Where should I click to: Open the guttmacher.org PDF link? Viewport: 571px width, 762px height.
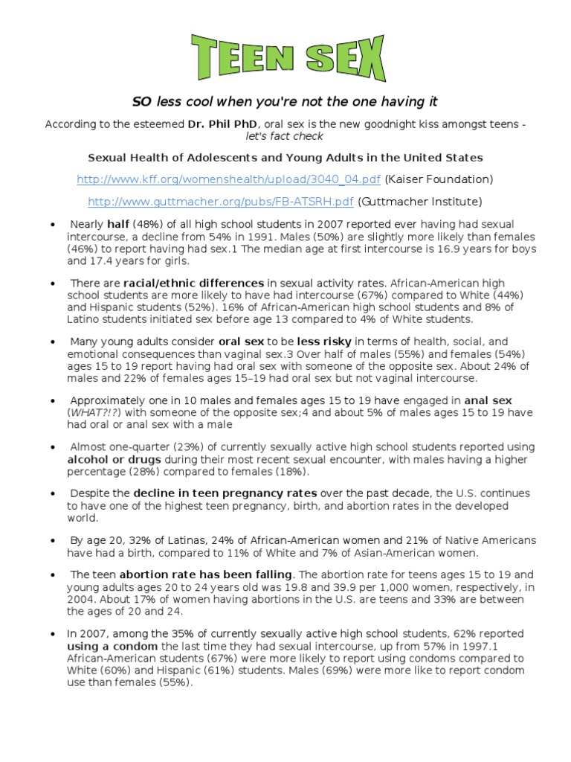coord(221,202)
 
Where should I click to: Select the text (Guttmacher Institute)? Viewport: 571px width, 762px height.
coord(420,202)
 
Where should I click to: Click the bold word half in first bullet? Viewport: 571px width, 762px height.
coord(118,225)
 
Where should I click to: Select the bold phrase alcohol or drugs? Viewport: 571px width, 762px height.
coord(108,460)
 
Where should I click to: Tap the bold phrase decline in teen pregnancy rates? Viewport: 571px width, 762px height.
coord(225,493)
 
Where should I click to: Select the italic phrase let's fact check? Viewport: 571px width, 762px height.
coord(286,137)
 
